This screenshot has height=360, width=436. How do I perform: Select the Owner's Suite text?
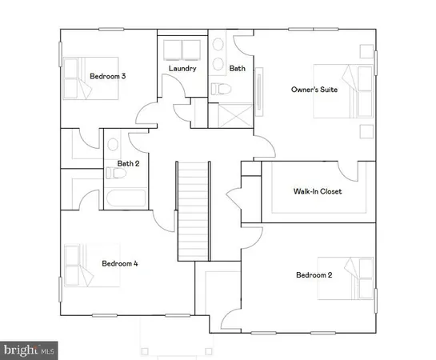click(314, 90)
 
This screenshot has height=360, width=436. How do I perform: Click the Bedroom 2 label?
click(314, 275)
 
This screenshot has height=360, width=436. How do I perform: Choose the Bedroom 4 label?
click(120, 262)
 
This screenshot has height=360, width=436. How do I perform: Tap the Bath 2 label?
click(129, 164)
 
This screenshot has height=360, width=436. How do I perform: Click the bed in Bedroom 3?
click(81, 78)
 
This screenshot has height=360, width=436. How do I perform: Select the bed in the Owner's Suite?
click(340, 90)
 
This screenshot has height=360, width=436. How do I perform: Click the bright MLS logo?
click(30, 350)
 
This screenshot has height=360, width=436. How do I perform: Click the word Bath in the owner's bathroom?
click(238, 69)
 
